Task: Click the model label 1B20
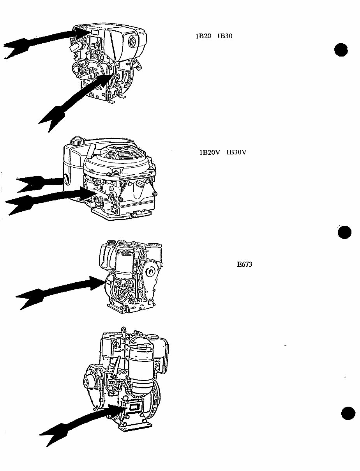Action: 203,36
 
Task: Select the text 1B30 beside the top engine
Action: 225,36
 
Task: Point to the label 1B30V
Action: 236,152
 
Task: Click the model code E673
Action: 245,264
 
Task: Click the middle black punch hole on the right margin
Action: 344,233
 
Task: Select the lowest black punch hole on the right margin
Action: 348,413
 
